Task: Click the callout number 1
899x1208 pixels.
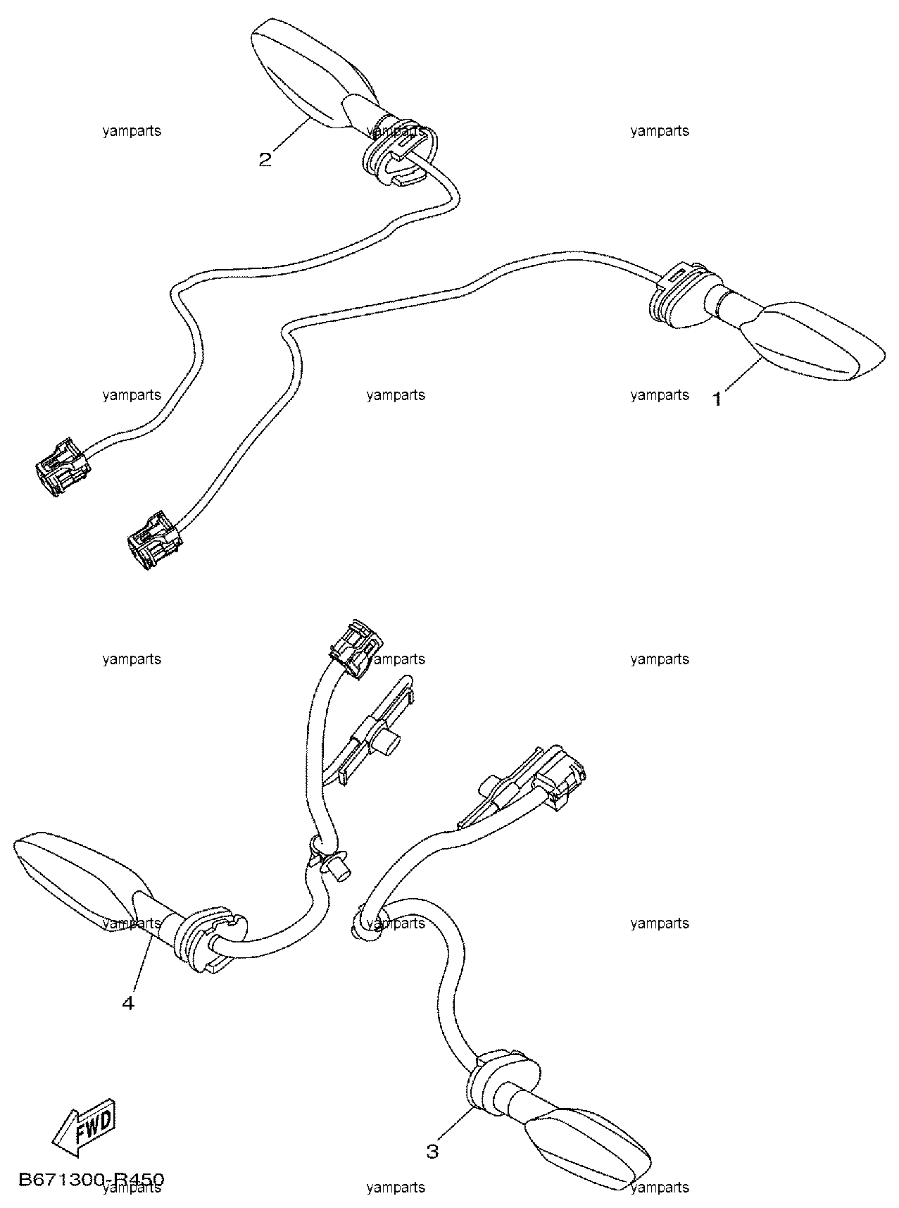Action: coord(717,399)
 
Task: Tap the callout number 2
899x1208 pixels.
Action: coord(265,159)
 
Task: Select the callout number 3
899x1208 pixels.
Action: coord(432,1151)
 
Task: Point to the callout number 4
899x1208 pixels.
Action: coord(127,1002)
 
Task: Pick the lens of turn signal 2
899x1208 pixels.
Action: coord(303,70)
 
